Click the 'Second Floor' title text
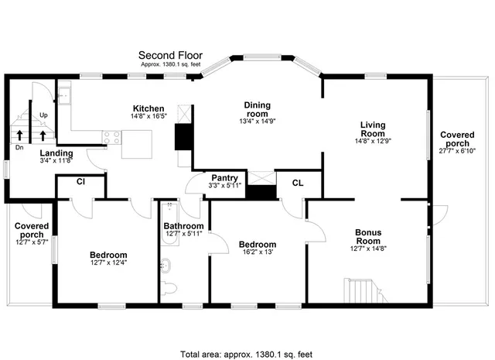[x=169, y=55]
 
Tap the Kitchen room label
[x=148, y=108]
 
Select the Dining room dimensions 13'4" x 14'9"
[x=257, y=121]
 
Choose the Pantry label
[x=224, y=177]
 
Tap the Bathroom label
[x=183, y=227]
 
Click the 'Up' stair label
[x=43, y=115]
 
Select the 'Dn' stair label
[x=19, y=146]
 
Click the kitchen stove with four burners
[x=112, y=137]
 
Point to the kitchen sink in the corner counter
[x=66, y=96]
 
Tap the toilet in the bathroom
[x=169, y=289]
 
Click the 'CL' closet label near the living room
[x=298, y=183]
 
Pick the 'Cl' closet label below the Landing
[x=80, y=182]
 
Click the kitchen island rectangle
[x=136, y=143]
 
